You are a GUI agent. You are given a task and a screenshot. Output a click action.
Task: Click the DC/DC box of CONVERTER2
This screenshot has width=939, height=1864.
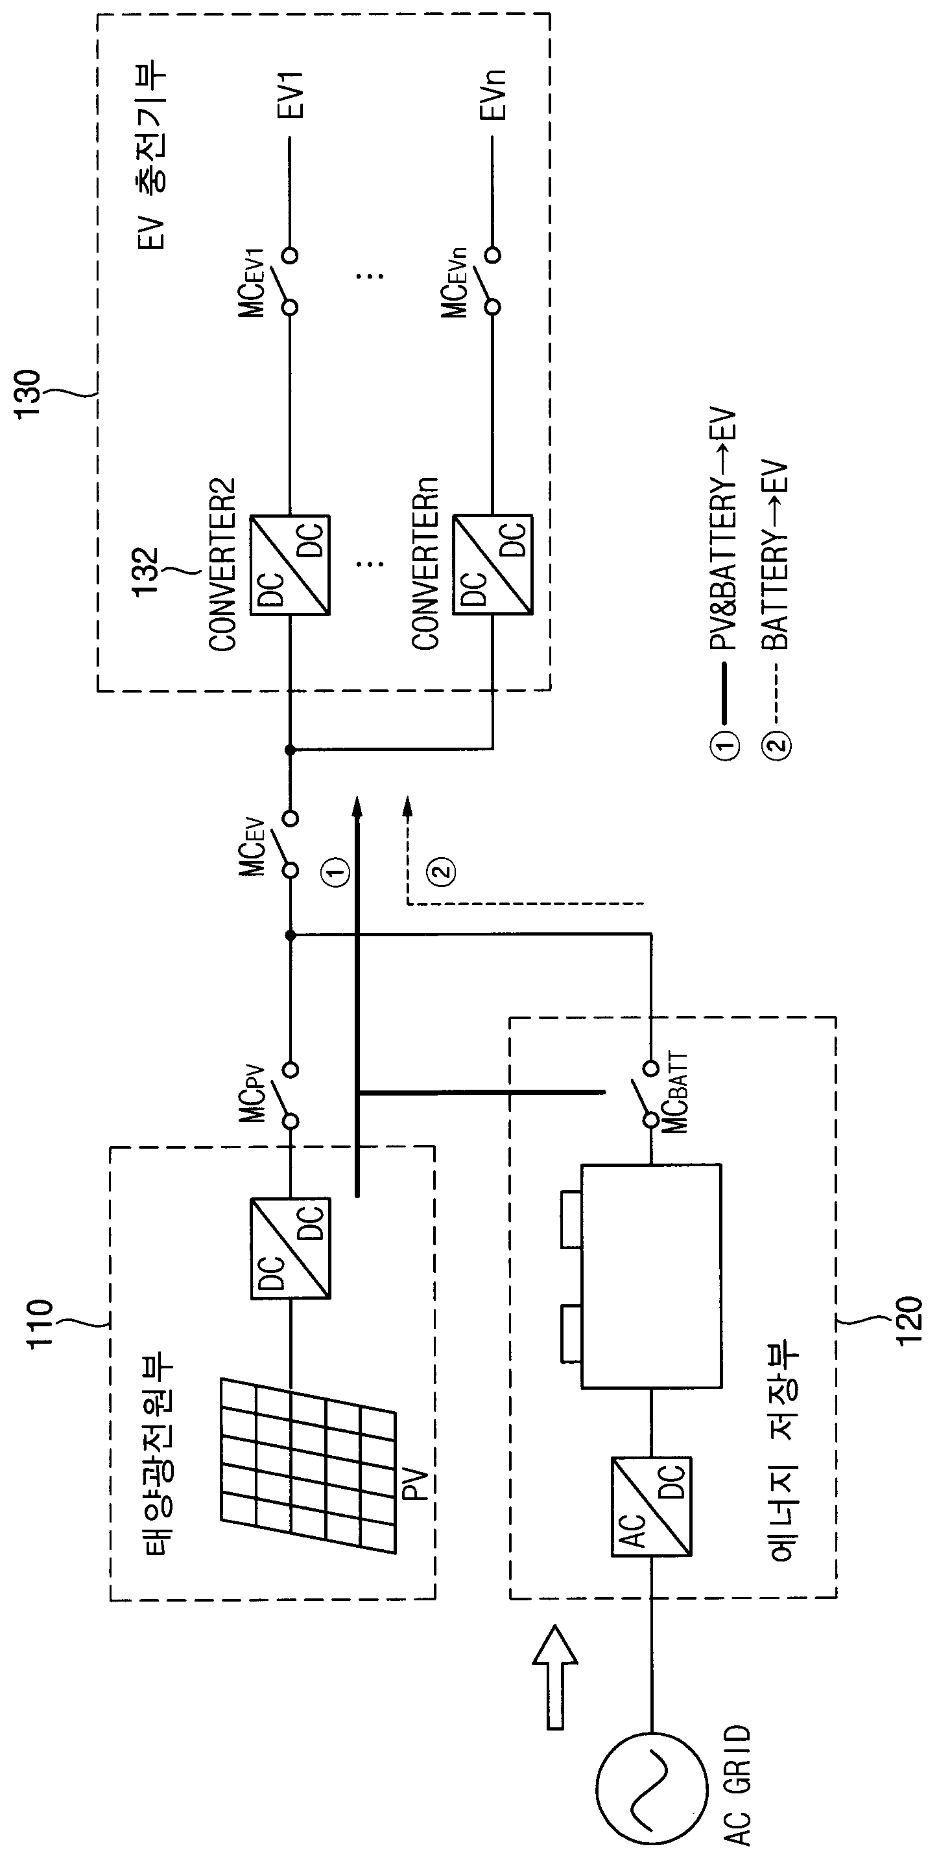point(291,565)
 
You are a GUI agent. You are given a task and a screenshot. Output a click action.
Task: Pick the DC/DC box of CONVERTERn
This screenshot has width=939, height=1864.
point(493,565)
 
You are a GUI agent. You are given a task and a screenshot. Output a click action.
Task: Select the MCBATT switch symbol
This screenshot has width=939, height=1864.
point(647,1095)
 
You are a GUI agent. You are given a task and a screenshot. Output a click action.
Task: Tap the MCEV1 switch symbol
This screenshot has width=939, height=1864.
point(288,281)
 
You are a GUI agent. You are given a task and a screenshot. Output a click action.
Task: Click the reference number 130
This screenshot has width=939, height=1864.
point(30,395)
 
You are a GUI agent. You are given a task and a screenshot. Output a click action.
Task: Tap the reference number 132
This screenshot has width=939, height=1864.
point(145,572)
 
